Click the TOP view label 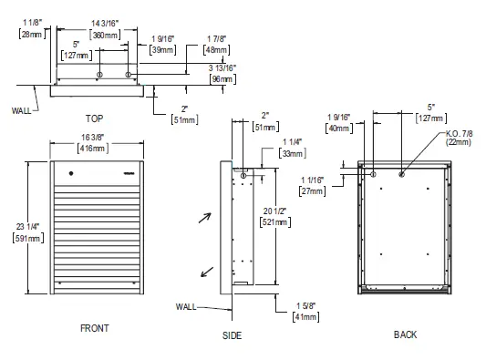(94, 118)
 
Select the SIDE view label (232, 335)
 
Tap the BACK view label (405, 334)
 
